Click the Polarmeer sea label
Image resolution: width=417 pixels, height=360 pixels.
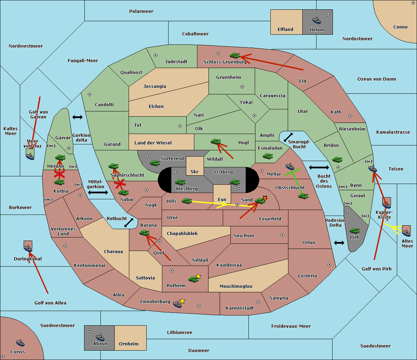141,11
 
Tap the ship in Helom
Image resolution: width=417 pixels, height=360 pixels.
317,20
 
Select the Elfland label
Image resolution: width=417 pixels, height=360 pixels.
285,30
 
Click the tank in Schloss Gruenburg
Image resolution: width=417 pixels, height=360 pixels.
235,55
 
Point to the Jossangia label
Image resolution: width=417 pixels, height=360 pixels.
155,86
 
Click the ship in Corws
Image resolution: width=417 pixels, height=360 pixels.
20,343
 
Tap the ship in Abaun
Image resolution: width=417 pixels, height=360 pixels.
100,337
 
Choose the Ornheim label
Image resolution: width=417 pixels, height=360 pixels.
129,344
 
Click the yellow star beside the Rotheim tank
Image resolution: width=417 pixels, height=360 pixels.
198,276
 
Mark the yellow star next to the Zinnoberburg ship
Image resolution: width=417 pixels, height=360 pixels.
182,301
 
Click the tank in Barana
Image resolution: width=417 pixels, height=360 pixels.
144,233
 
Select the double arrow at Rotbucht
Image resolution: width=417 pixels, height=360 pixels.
129,223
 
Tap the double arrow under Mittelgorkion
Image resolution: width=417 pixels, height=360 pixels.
98,192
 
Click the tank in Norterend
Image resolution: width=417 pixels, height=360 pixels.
155,163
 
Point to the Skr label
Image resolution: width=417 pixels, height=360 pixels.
195,172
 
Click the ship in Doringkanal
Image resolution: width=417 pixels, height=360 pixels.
28,249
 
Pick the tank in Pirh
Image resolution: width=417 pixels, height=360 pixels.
354,231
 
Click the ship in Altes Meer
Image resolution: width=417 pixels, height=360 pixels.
406,233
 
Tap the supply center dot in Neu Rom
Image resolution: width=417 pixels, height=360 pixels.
283,235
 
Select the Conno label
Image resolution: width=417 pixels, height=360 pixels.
400,27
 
